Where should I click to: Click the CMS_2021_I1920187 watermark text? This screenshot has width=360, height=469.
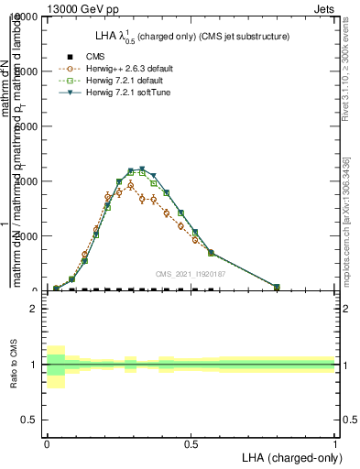pos(190,274)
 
